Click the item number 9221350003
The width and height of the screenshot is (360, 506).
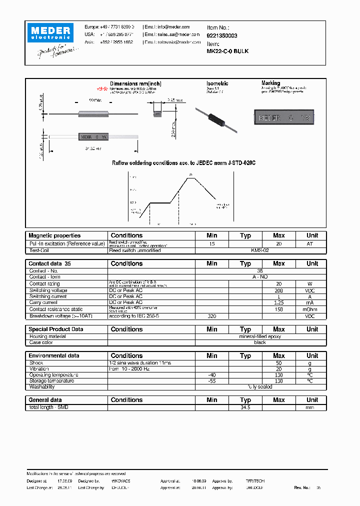pos(222,35)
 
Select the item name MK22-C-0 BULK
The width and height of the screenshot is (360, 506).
pos(227,51)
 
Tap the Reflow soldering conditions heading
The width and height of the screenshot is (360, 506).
pos(183,163)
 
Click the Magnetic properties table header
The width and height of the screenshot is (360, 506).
pos(54,235)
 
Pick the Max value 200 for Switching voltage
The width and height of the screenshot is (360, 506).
pos(278,290)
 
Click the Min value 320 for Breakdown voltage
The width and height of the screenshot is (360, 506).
pos(211,316)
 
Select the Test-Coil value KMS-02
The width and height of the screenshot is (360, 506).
pos(260,250)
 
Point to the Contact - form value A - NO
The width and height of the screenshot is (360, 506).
pos(260,276)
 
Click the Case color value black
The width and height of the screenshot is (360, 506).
pos(260,342)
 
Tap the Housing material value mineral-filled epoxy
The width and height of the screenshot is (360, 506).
pos(260,336)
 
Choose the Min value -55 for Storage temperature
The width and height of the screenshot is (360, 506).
pos(211,381)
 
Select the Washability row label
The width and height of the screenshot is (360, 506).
pos(42,387)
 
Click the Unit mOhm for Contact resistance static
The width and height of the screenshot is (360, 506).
pos(312,309)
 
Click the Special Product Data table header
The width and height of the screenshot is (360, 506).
pos(56,329)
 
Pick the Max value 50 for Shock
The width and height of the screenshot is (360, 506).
pos(278,362)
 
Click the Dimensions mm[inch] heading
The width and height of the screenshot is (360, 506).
pos(135,83)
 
